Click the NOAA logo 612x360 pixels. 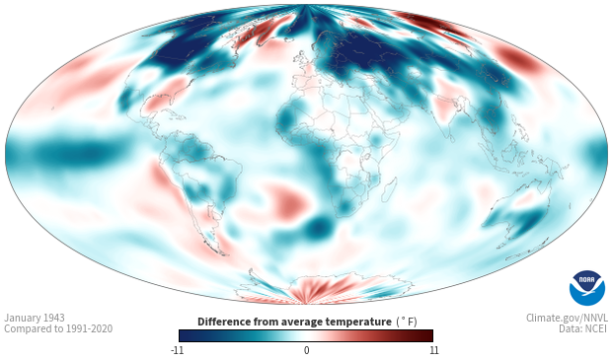pos(587,288)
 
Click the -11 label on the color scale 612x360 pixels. pos(177,350)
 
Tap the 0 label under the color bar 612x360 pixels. pos(306,350)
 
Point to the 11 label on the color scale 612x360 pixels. pos(433,350)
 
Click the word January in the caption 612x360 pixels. pos(21,318)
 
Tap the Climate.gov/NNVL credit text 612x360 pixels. pos(567,318)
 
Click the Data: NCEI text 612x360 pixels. pos(583,328)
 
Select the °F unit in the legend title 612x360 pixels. pos(407,322)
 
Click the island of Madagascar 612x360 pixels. pos(389,189)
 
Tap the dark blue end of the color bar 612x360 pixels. pos(186,335)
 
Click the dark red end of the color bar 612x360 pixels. pos(426,335)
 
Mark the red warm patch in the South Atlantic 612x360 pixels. pos(287,201)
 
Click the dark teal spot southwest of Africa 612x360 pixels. pos(318,228)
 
